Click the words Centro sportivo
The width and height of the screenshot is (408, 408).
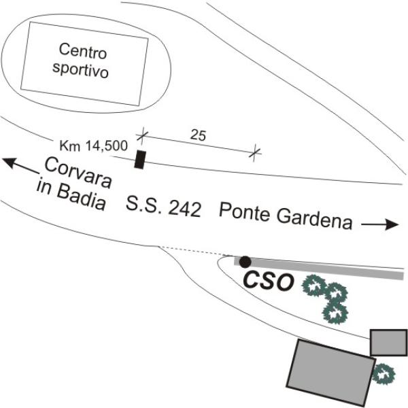click(x=84, y=61)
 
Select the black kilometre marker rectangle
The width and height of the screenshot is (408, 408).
click(x=141, y=159)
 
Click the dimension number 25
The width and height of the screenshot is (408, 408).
click(x=198, y=135)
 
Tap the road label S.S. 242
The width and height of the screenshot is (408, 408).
click(x=164, y=206)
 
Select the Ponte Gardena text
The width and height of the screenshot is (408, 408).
click(x=286, y=217)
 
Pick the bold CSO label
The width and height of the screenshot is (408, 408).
click(x=268, y=282)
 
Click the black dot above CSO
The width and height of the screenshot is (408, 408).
click(x=245, y=261)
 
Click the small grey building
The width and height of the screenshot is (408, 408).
click(x=388, y=342)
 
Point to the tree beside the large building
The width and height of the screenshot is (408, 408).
click(x=384, y=373)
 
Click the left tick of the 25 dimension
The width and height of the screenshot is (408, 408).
click(x=142, y=136)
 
